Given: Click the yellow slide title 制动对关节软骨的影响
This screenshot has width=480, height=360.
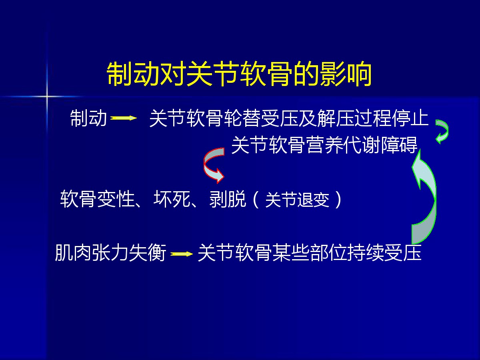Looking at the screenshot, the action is [x=239, y=74].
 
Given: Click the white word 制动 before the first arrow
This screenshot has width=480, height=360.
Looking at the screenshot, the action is [x=88, y=118].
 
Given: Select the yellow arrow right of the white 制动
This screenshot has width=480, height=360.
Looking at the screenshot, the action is [x=124, y=118].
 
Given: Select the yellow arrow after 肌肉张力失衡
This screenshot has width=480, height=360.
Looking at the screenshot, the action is [x=182, y=254].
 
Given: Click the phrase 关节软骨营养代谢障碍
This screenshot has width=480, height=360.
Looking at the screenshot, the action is [x=324, y=145].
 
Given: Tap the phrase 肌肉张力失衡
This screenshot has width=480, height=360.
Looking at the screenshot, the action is [x=110, y=253].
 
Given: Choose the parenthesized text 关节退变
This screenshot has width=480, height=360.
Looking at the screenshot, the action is [x=297, y=200].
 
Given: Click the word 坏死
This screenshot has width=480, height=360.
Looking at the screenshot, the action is [x=172, y=199].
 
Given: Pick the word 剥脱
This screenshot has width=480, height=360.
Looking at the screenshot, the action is [x=228, y=199].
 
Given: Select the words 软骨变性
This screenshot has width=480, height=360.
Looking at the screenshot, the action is [x=97, y=199].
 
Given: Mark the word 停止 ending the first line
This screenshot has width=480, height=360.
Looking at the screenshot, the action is [x=410, y=118].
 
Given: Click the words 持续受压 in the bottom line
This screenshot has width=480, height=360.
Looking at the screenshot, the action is [x=384, y=253].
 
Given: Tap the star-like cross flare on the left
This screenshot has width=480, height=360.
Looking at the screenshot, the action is [x=46, y=96].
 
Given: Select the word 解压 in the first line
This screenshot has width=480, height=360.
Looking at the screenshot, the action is [x=336, y=118].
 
